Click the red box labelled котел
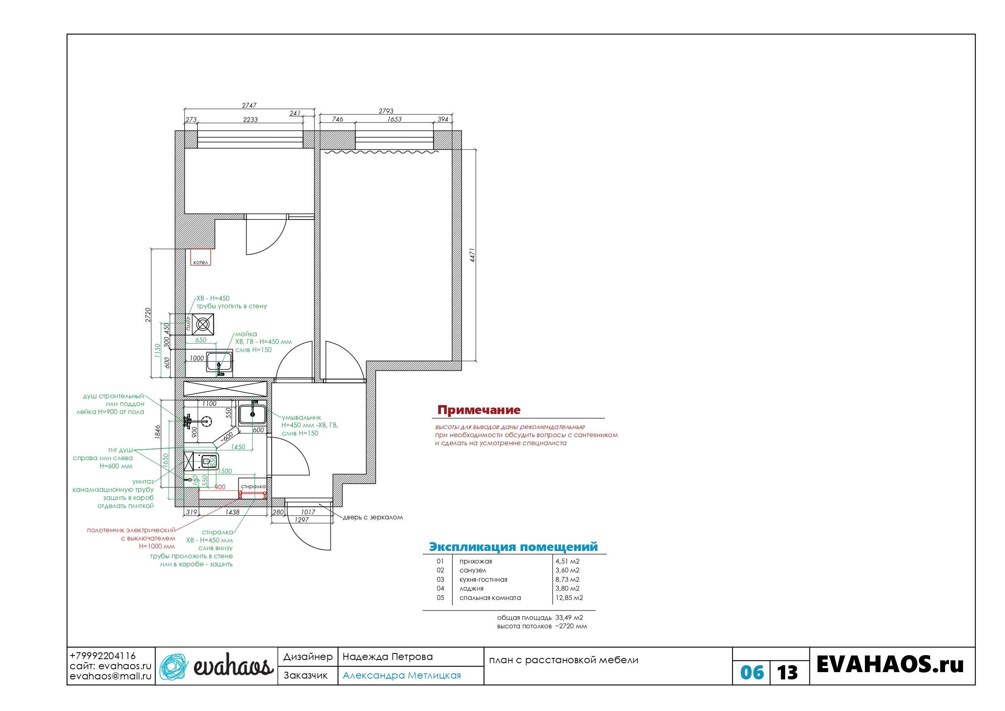pyautogui.click(x=200, y=257)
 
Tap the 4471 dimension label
pyautogui.click(x=472, y=255)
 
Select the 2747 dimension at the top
pyautogui.click(x=249, y=105)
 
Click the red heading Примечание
pyautogui.click(x=479, y=410)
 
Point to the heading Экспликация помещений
pyautogui.click(x=513, y=547)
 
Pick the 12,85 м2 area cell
pyautogui.click(x=569, y=598)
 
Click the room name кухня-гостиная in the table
pyautogui.click(x=483, y=580)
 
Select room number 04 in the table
pyautogui.click(x=440, y=588)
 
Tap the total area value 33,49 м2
pyautogui.click(x=569, y=617)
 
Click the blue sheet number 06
pyautogui.click(x=752, y=673)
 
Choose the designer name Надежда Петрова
pyautogui.click(x=388, y=657)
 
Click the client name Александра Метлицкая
pyautogui.click(x=401, y=675)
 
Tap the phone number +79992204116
pyautogui.click(x=102, y=656)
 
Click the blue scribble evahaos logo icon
pyautogui.click(x=174, y=666)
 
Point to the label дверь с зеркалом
pyautogui.click(x=373, y=517)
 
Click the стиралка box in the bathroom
pyautogui.click(x=253, y=488)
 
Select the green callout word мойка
pyautogui.click(x=246, y=334)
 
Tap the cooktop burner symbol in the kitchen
pyautogui.click(x=203, y=325)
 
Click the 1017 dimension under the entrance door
pyautogui.click(x=308, y=512)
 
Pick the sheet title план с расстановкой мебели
pyautogui.click(x=563, y=660)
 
